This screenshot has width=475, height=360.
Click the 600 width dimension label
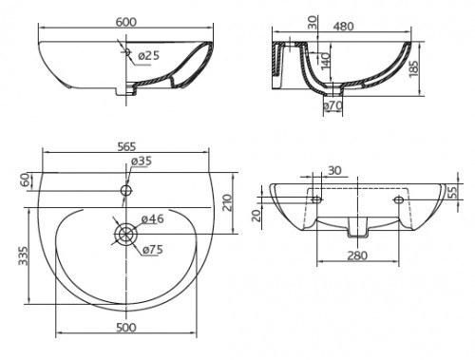[x=126, y=22]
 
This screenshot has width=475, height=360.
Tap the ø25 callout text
[x=148, y=56]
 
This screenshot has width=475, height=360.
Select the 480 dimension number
[x=343, y=26]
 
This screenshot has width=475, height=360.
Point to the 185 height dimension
[x=413, y=68]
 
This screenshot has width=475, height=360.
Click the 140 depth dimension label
[x=325, y=62]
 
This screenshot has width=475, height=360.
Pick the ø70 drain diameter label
[x=332, y=105]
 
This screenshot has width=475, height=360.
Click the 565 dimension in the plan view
[x=126, y=146]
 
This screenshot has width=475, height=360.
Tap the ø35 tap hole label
[x=142, y=161]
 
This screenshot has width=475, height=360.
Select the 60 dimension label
[x=27, y=180]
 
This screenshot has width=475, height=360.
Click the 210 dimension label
[x=227, y=202]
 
